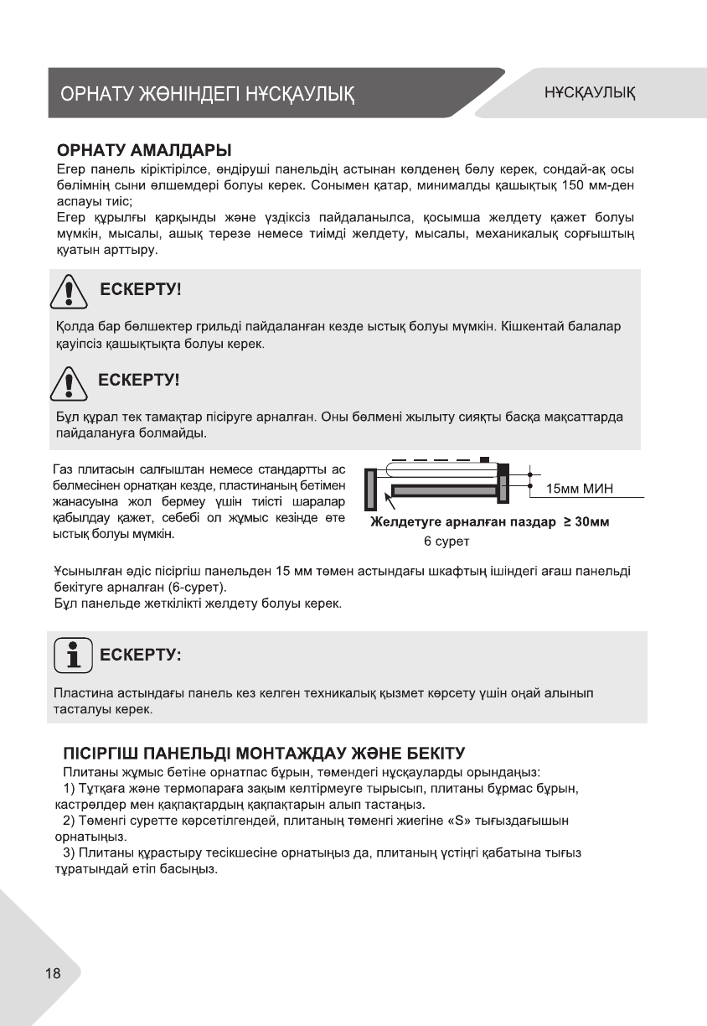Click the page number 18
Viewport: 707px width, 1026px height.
(53, 974)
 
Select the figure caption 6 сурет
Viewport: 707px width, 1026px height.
(446, 541)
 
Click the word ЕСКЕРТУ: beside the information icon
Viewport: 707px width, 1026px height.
(140, 655)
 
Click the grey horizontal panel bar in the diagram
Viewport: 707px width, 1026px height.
(444, 490)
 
